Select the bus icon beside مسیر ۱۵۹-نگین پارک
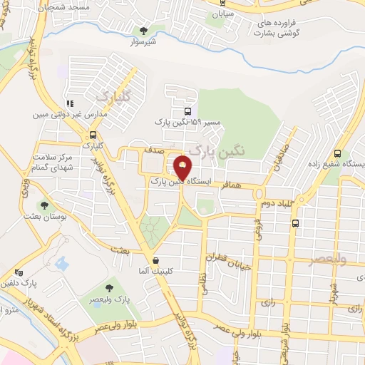[187, 112]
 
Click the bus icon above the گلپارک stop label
[93, 135]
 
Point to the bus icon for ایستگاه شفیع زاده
[337, 153]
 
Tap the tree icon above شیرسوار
[145, 30]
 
